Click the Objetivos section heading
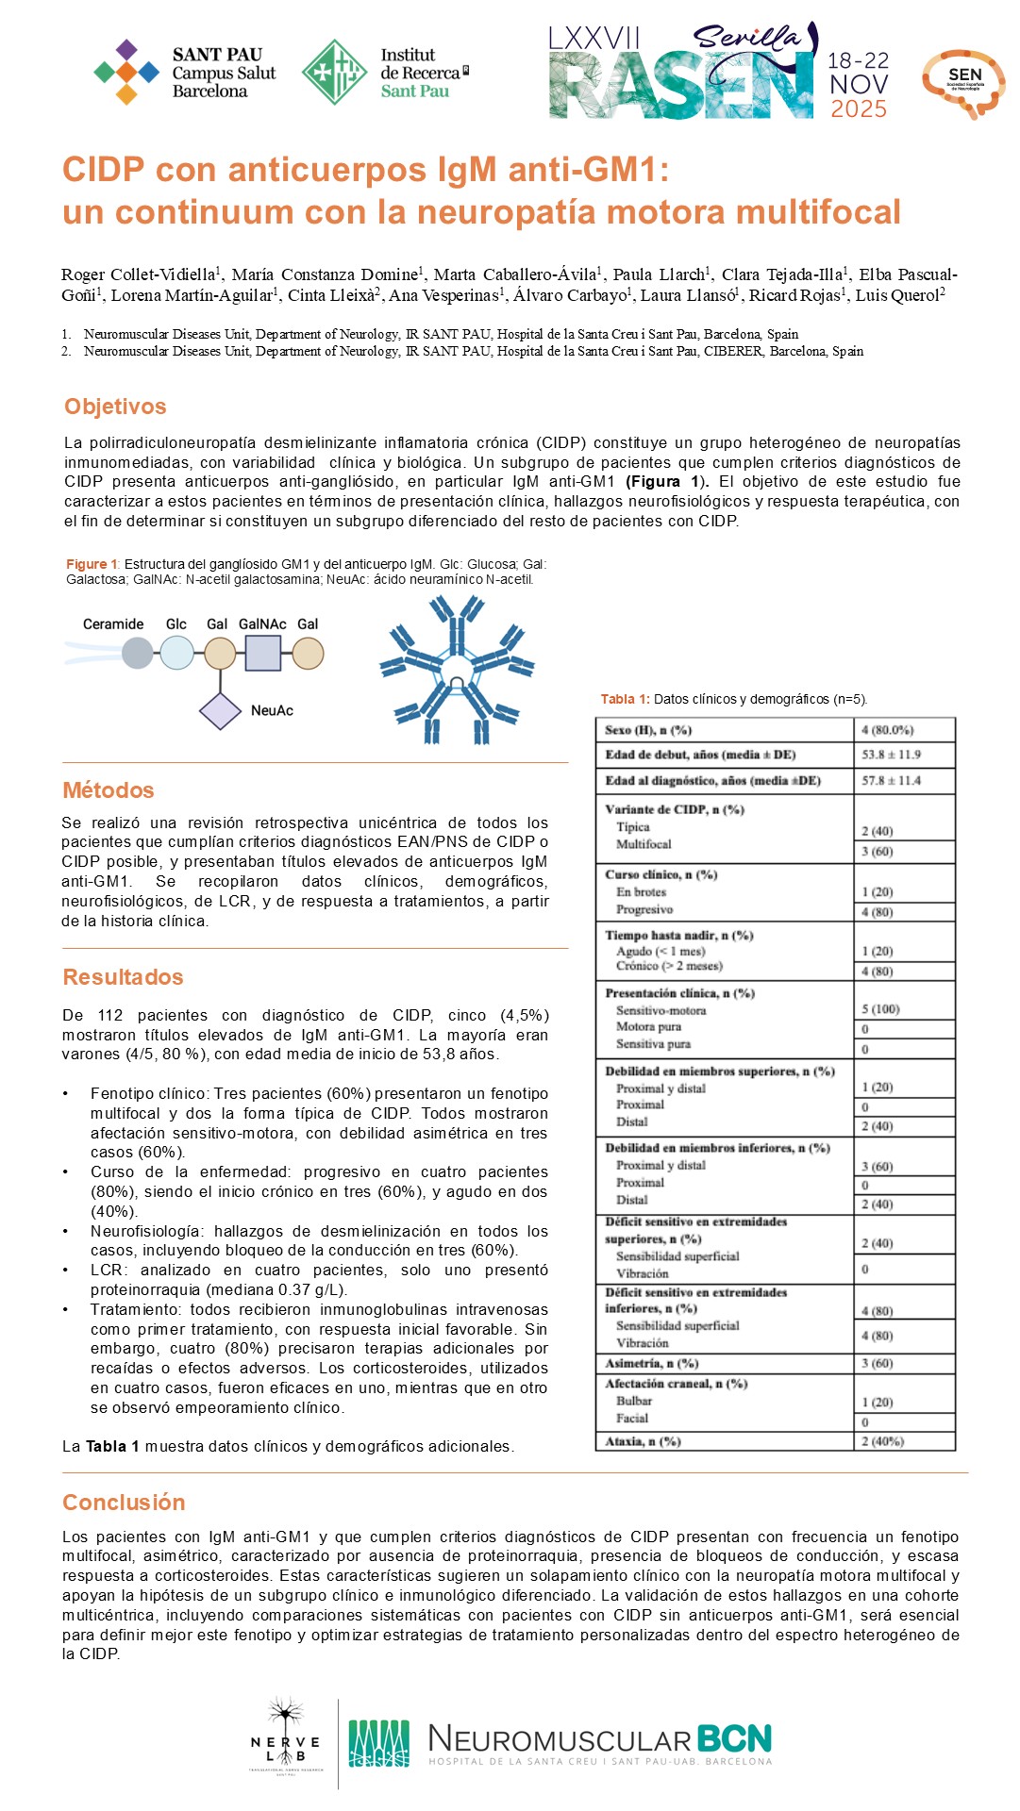point(115,407)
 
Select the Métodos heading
point(109,790)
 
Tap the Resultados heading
point(123,977)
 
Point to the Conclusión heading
point(124,1503)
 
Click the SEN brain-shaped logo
point(963,83)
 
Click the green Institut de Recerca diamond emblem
point(334,73)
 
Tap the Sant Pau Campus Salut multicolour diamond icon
point(126,72)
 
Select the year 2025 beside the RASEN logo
point(859,109)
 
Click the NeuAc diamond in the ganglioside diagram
point(221,711)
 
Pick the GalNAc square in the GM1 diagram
point(262,654)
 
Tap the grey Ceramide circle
point(138,654)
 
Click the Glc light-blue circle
point(176,654)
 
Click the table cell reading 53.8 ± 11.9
point(891,755)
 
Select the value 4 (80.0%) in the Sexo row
point(887,730)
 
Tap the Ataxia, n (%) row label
point(643,1441)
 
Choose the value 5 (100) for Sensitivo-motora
point(879,1009)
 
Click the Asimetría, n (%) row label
point(651,1363)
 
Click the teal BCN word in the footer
point(734,1738)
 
